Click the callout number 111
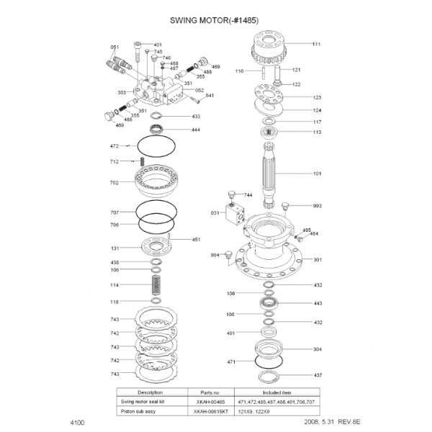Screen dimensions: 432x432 (316, 45)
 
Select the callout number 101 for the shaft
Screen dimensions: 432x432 (317, 174)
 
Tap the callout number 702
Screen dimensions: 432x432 (114, 183)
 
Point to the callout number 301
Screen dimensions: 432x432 (317, 259)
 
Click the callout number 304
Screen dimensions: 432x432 (317, 348)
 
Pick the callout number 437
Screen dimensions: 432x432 (318, 375)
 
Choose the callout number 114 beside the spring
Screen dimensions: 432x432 (114, 286)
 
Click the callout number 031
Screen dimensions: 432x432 (215, 213)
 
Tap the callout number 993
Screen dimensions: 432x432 (317, 206)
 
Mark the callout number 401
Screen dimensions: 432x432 (158, 45)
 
